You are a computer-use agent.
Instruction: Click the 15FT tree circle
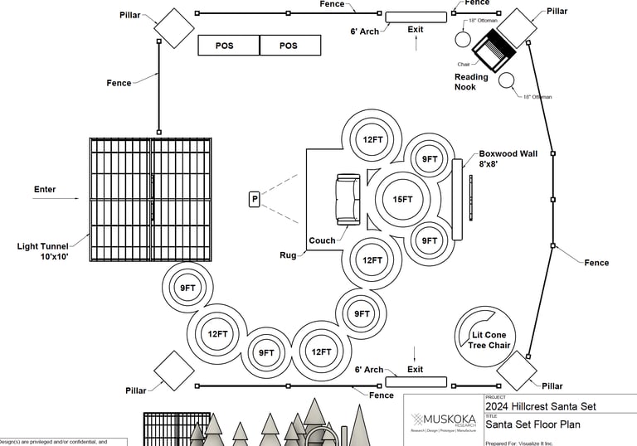point(402,199)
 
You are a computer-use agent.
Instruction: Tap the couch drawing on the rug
point(348,200)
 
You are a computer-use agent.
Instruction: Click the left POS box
point(228,46)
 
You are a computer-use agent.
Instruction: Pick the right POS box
point(289,46)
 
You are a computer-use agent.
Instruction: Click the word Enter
point(45,190)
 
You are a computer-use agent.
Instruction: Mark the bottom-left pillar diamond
point(174,371)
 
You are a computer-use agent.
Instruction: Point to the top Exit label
point(416,29)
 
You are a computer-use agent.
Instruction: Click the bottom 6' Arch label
point(369,370)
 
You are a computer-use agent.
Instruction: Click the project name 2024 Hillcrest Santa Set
point(540,407)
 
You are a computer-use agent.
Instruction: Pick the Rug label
point(289,256)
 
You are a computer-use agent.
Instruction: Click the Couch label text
point(322,241)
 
